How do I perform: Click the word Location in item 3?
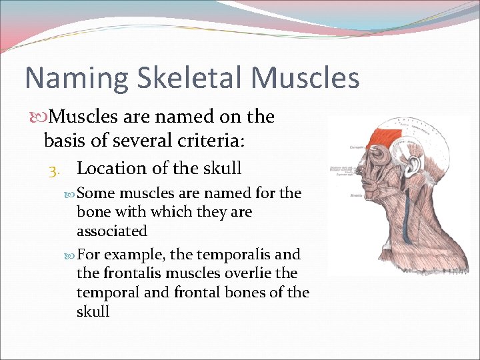(112, 168)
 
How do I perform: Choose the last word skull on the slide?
(93, 311)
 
